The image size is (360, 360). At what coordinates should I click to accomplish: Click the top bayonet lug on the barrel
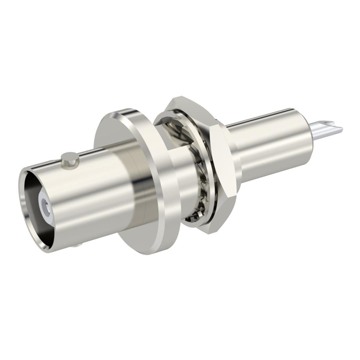point(69,159)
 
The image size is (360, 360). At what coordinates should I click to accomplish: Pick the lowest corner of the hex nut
point(209,231)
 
